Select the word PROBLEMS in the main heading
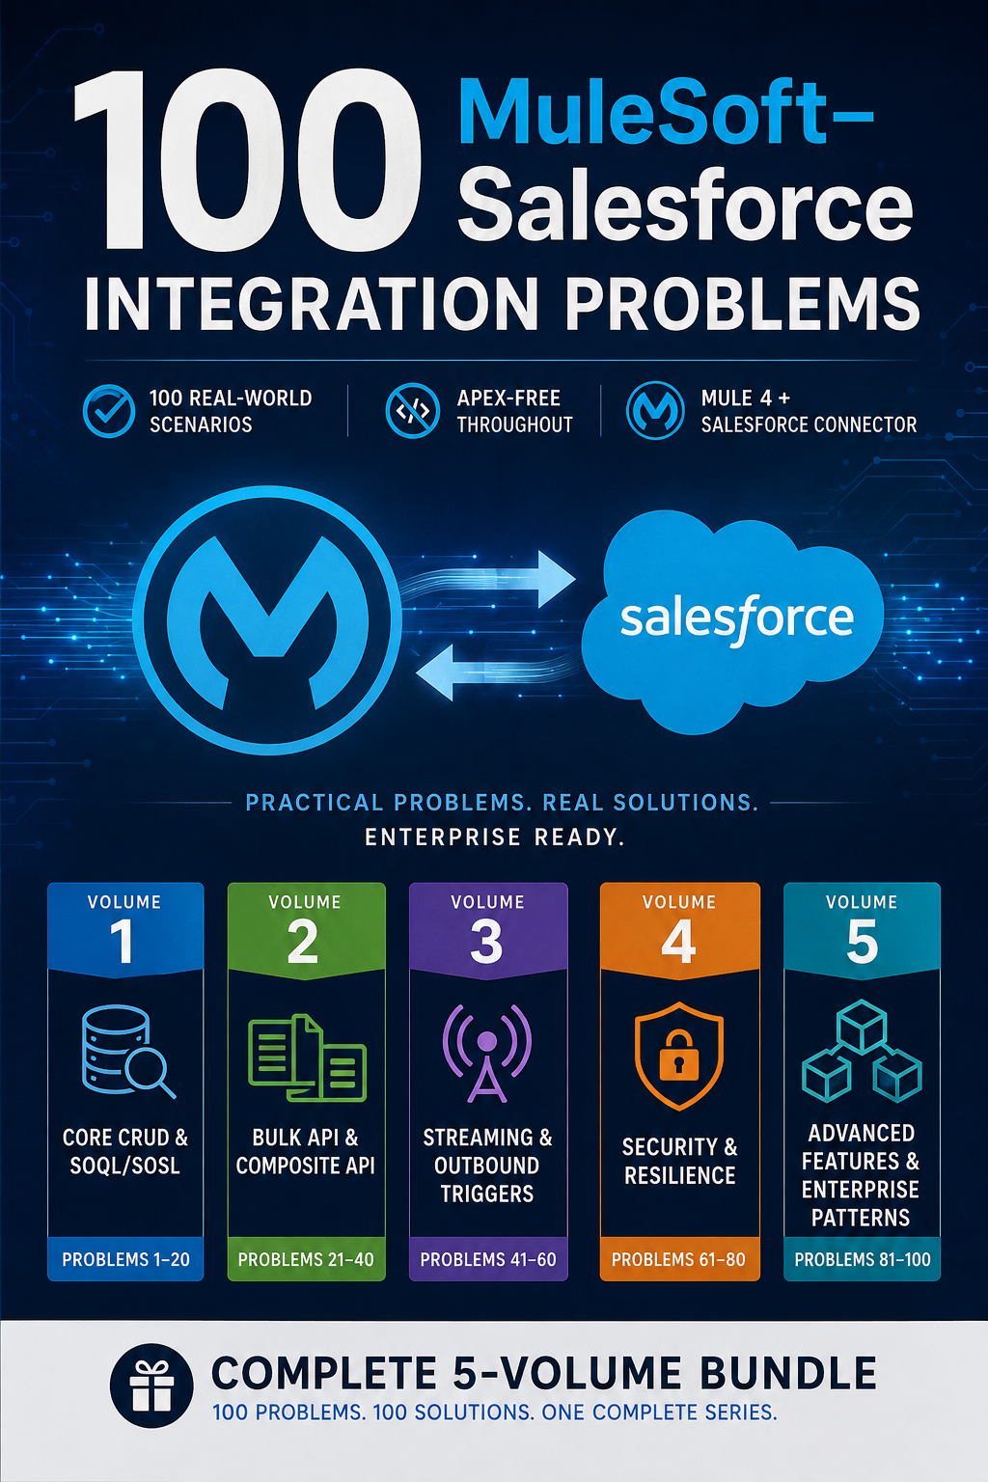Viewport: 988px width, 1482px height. click(x=743, y=303)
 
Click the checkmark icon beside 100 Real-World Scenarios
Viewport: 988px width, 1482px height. click(x=109, y=411)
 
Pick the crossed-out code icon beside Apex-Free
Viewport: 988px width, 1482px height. click(x=412, y=411)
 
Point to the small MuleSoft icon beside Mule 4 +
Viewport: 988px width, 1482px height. click(x=655, y=411)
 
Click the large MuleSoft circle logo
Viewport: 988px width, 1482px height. click(x=267, y=620)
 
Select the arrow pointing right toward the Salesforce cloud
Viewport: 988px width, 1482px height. click(x=491, y=578)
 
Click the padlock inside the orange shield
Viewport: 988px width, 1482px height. click(x=679, y=1054)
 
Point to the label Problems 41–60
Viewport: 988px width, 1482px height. click(x=488, y=1259)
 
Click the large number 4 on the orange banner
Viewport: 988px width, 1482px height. click(x=679, y=942)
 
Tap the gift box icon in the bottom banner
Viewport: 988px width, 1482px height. click(x=151, y=1386)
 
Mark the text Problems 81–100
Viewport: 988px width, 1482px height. click(x=863, y=1259)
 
